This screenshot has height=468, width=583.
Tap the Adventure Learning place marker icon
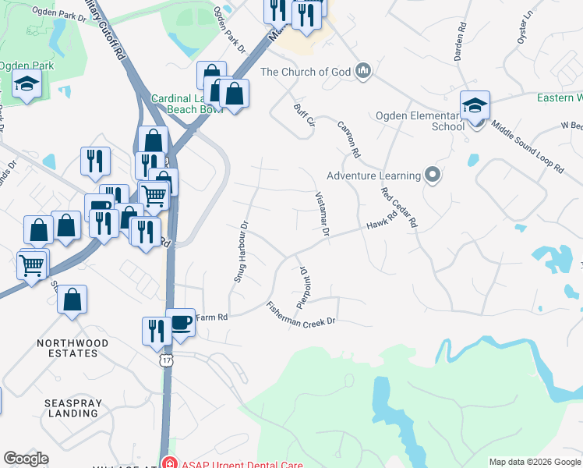(433, 175)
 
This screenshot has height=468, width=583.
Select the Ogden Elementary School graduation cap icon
(475, 105)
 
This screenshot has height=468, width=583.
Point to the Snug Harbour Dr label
(241, 251)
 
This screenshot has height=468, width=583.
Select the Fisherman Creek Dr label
(300, 314)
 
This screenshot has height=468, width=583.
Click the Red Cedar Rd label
(399, 206)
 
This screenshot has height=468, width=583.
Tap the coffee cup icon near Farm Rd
(181, 321)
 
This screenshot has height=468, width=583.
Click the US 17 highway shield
(166, 360)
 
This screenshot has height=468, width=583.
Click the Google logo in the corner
(26, 459)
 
